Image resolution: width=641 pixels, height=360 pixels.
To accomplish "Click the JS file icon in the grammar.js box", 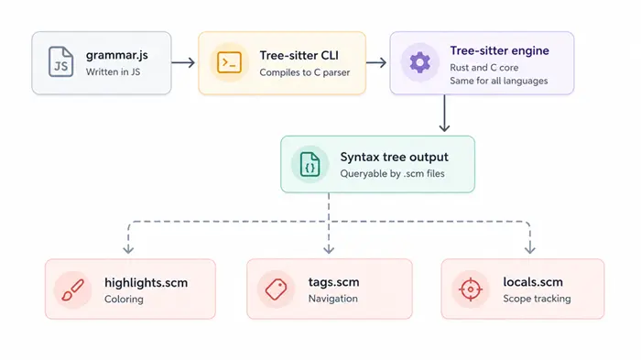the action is [x=61, y=61].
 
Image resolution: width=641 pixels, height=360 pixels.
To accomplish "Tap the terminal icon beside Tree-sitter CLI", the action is [x=229, y=62].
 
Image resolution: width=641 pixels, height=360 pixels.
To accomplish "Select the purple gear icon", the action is [x=419, y=62].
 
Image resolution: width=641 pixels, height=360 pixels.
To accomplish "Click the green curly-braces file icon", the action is [x=310, y=164].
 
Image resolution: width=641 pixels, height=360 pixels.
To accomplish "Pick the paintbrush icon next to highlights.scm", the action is [x=72, y=290].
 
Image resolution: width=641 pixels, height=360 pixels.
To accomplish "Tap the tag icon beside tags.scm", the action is [x=276, y=289].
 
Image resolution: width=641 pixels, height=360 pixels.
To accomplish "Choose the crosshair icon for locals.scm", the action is [x=471, y=289].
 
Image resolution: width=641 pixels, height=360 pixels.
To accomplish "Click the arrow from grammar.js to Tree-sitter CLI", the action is [x=183, y=62].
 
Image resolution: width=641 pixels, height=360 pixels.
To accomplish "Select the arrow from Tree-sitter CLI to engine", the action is [x=376, y=62].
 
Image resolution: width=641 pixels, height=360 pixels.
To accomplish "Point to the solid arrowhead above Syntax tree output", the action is [x=444, y=127].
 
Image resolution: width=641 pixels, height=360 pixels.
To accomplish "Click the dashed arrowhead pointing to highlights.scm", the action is [x=128, y=249].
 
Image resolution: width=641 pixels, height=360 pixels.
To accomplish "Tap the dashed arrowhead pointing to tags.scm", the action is [x=329, y=249].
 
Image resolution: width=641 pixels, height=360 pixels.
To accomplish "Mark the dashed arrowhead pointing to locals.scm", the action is [x=530, y=249].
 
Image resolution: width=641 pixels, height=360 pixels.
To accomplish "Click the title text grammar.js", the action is [x=117, y=55].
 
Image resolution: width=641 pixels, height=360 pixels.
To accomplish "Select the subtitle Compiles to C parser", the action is [x=305, y=72].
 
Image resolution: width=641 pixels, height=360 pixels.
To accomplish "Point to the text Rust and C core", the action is [x=484, y=68].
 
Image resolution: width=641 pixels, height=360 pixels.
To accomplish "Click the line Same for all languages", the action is [x=499, y=81].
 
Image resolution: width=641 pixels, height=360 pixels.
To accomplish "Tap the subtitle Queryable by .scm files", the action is [x=392, y=173].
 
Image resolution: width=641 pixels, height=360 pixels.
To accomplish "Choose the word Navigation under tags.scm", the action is [x=332, y=299].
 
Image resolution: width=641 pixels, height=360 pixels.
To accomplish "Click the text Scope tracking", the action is [x=537, y=299].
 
